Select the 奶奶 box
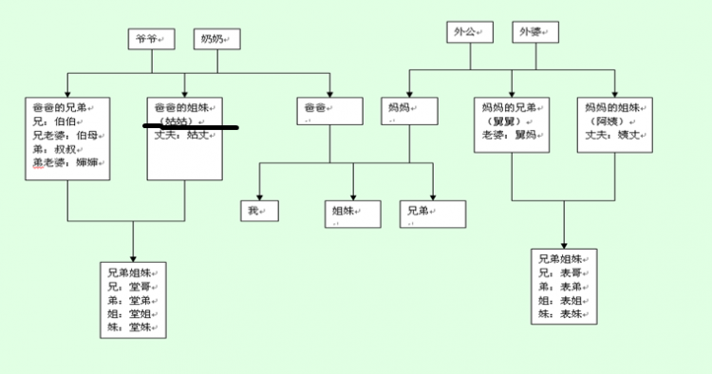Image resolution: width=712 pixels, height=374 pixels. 215,39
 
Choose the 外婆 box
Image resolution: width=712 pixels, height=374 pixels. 534,32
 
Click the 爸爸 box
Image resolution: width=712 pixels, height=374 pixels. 328,110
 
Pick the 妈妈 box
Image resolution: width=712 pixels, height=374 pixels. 409,110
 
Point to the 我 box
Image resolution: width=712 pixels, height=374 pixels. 258,210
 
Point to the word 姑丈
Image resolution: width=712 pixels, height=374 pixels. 196,135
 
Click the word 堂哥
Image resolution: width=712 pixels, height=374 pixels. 141,286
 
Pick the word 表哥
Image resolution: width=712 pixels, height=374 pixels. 570,273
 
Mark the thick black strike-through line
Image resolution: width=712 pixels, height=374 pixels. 190,125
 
